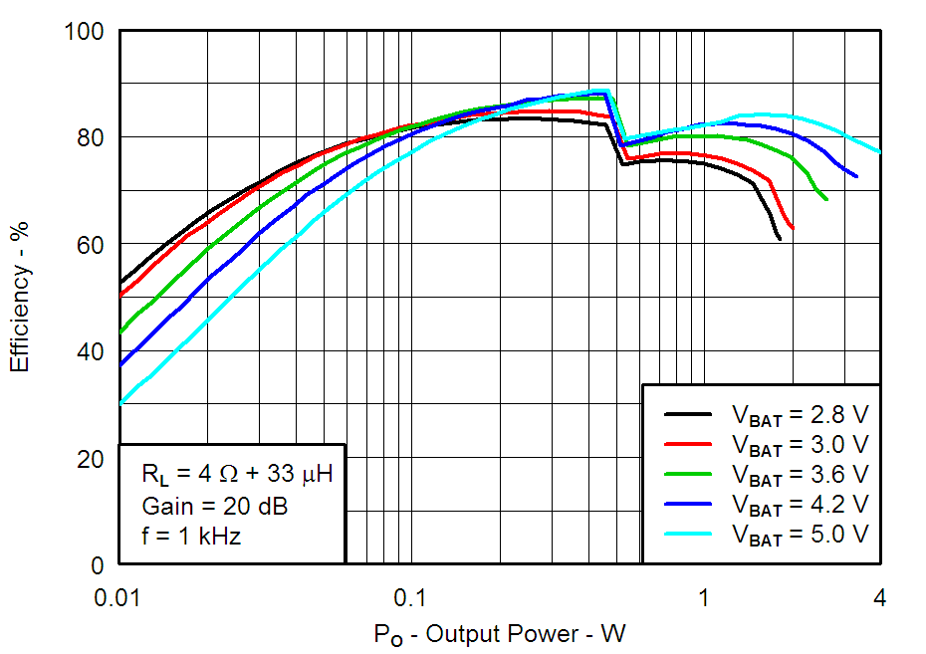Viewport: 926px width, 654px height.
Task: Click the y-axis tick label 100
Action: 87,32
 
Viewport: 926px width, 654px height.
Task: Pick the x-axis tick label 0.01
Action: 119,597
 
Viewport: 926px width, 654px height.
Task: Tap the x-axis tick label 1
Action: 703,597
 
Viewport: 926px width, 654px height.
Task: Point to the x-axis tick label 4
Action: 880,597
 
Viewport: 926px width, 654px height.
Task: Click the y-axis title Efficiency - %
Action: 20,299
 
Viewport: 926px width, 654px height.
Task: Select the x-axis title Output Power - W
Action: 500,634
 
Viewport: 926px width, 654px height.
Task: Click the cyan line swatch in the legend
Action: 687,535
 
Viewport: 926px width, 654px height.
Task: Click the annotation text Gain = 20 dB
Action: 214,506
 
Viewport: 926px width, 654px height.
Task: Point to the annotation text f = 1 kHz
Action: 191,537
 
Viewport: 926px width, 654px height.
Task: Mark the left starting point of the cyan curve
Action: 120,404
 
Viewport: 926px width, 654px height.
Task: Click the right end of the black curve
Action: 780,239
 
